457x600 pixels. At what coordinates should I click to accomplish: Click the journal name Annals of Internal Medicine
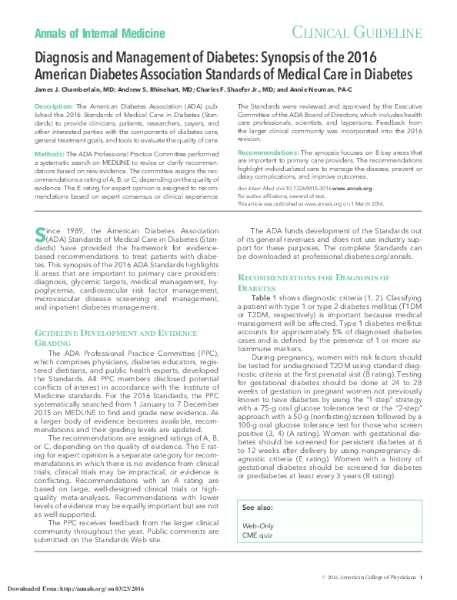pos(100,33)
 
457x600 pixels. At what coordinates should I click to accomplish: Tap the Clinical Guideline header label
pos(356,32)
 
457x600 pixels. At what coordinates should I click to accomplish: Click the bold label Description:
pos(55,105)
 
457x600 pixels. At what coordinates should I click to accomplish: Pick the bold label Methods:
pos(50,155)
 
